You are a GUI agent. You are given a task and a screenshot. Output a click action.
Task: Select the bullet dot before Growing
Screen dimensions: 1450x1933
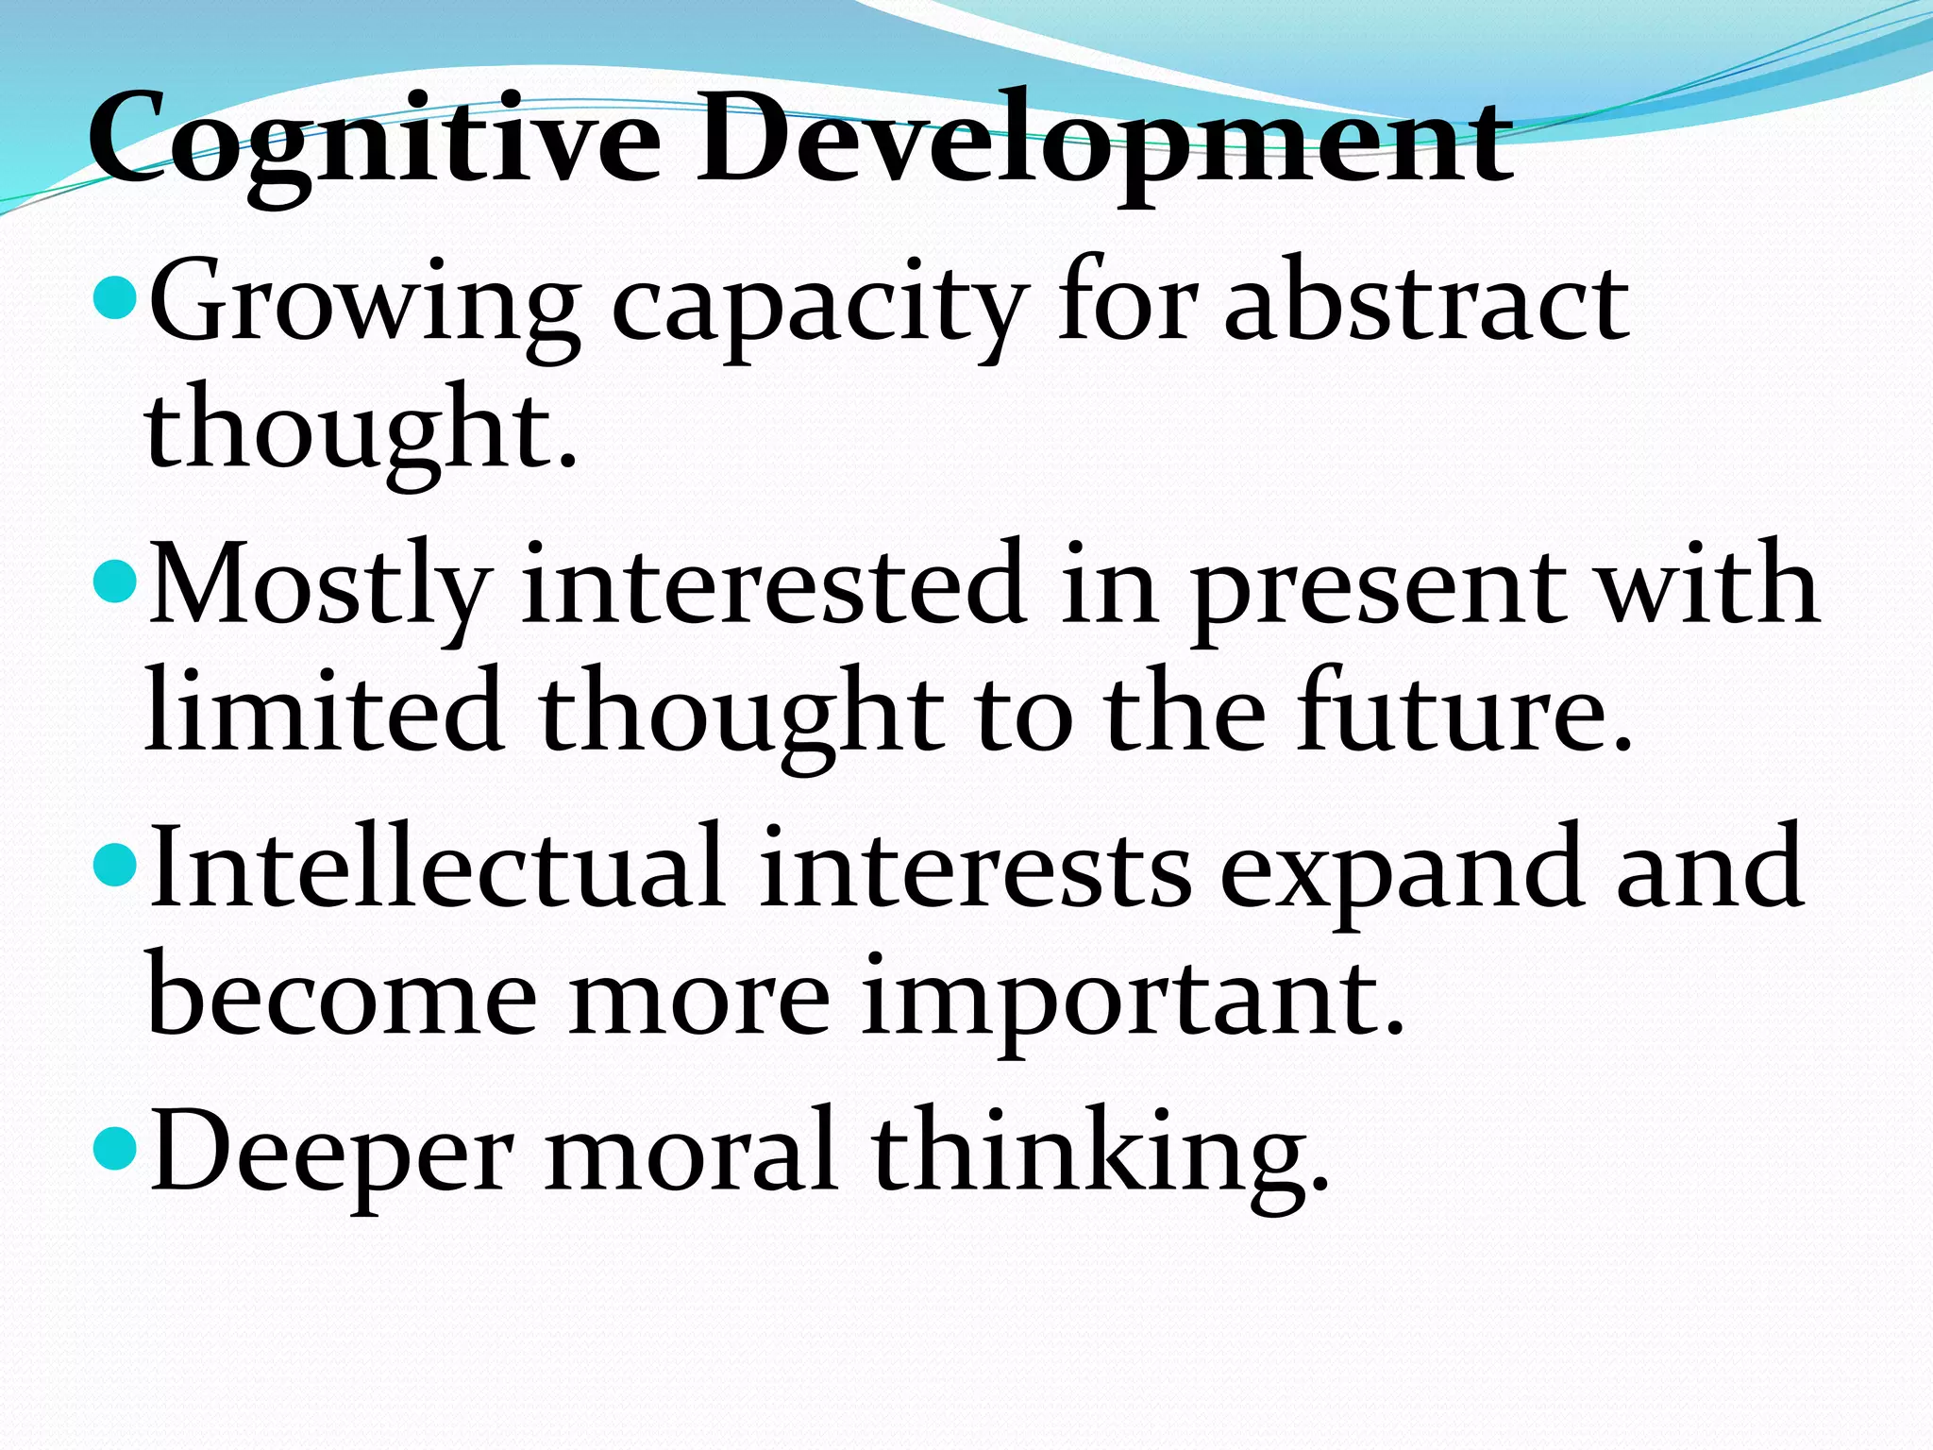point(117,300)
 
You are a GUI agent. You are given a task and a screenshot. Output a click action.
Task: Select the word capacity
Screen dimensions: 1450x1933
point(817,307)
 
